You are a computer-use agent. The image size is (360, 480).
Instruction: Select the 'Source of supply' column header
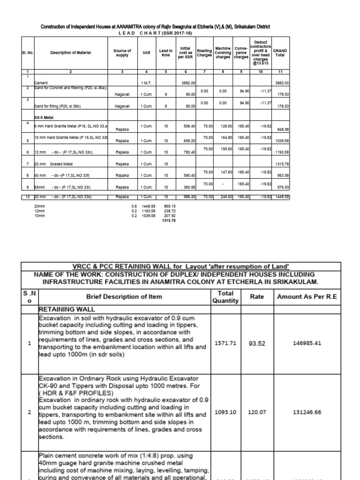122,52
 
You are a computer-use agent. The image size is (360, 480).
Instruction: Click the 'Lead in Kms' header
166,52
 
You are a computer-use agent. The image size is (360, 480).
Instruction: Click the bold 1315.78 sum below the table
168,220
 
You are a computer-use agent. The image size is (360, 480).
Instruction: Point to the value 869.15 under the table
169,206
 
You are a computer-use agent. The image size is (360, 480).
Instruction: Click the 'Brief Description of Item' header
124,296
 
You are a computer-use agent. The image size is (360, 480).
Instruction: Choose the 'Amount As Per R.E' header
308,296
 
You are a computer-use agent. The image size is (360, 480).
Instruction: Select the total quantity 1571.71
225,343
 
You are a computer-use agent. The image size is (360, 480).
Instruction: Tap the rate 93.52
257,343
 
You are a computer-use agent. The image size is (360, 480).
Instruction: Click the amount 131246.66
309,413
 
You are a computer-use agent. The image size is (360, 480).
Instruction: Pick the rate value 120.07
257,413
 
